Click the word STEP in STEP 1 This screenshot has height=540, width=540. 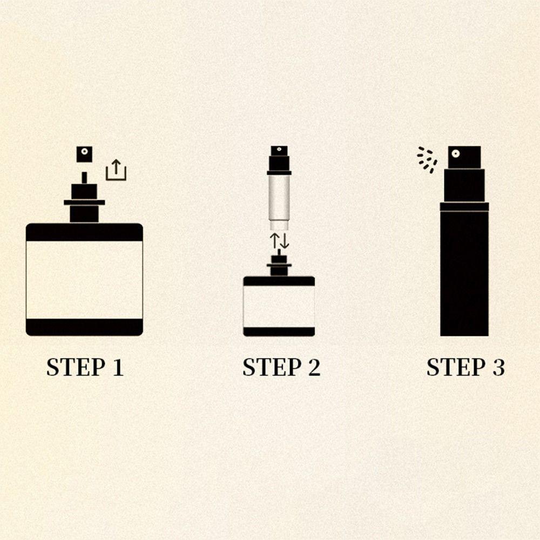74,367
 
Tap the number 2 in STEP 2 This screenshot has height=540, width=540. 313,367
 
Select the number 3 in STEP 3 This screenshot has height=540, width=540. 498,367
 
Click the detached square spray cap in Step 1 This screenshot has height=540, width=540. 84,154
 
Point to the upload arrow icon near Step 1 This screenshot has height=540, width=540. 116,170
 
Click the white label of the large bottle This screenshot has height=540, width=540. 84,280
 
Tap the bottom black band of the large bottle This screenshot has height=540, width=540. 84,327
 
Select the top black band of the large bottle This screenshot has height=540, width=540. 84,232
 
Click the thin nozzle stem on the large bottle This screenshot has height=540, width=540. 84,178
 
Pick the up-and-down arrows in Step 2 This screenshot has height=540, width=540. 279,241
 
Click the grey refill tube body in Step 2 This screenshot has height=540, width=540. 279,197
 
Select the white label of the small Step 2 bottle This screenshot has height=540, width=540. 279,306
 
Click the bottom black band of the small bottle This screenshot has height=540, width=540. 279,332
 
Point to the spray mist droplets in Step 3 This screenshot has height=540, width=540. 427,160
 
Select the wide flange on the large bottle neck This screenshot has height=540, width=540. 84,202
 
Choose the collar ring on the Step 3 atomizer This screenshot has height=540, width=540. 464,206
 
